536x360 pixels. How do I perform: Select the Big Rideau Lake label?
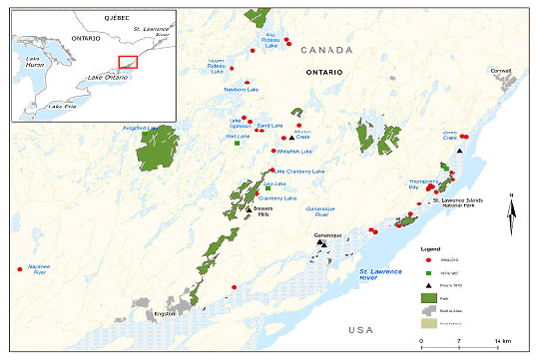click(278, 39)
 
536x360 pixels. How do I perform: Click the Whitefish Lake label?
click(294, 151)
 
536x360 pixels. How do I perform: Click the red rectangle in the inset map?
click(128, 61)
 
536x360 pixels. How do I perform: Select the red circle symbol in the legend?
click(424, 259)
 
